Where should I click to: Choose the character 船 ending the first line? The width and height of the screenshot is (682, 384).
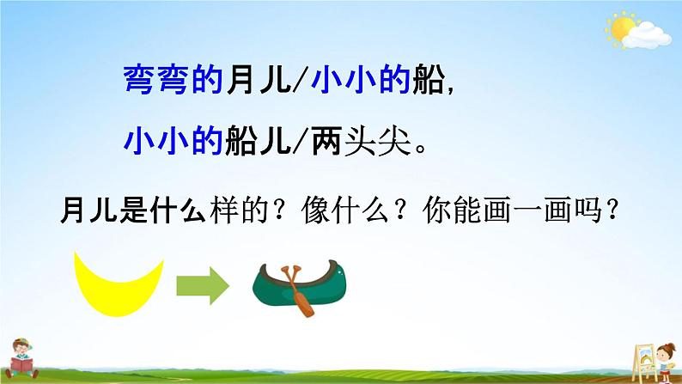pos(427,79)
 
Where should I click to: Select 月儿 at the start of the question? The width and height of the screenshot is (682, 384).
pos(82,210)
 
